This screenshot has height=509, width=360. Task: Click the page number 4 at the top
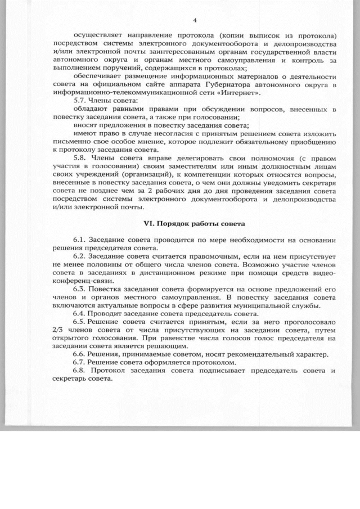point(194,21)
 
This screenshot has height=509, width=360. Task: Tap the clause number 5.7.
point(82,100)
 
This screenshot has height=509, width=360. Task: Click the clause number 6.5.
point(82,322)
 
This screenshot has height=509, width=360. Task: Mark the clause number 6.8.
point(82,371)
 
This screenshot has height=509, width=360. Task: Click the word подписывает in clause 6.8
point(231,371)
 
